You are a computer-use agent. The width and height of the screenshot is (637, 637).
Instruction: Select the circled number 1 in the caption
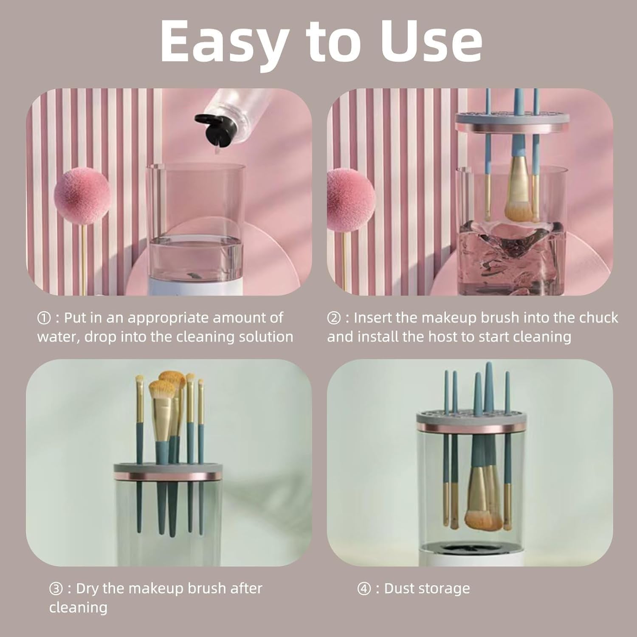click(44, 318)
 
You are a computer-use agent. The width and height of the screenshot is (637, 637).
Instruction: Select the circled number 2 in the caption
click(334, 318)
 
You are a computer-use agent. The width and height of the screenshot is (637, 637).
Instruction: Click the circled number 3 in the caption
click(56, 589)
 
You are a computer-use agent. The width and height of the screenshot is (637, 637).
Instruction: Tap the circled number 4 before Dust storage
click(364, 589)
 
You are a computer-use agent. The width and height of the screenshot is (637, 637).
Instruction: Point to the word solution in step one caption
click(267, 337)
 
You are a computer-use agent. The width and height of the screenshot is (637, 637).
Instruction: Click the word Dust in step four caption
click(398, 589)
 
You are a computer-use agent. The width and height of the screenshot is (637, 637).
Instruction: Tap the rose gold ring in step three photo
click(168, 476)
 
